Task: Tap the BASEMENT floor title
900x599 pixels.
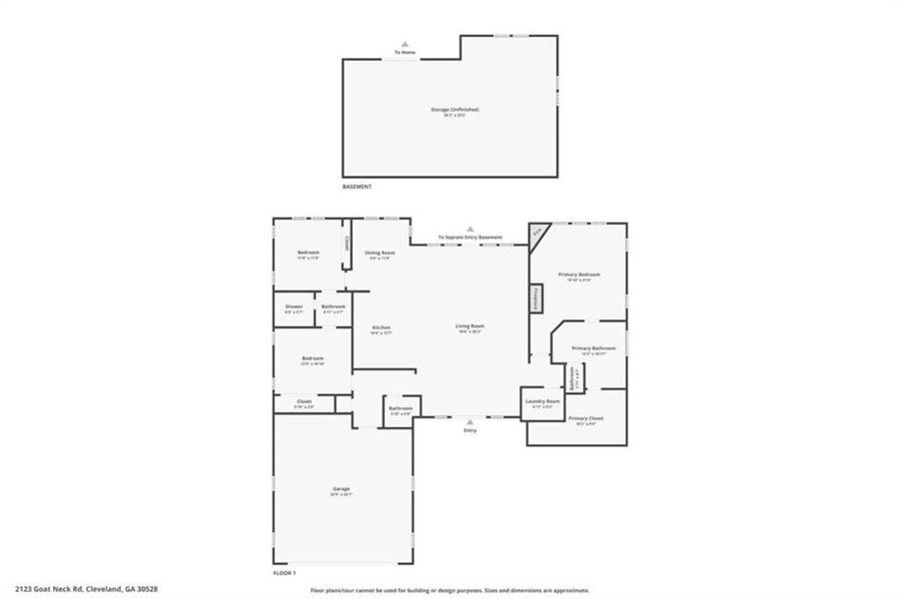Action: pyautogui.click(x=357, y=187)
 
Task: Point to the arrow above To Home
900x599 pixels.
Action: pyautogui.click(x=405, y=44)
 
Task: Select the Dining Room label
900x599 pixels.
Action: pyautogui.click(x=380, y=254)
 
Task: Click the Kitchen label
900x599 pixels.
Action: pyautogui.click(x=381, y=328)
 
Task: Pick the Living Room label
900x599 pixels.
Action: pyautogui.click(x=470, y=326)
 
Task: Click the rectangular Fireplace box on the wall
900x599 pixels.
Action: pyautogui.click(x=535, y=298)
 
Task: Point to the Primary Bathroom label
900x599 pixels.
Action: pyautogui.click(x=593, y=348)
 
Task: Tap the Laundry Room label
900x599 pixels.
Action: pyautogui.click(x=535, y=403)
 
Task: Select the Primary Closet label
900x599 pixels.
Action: pyautogui.click(x=581, y=419)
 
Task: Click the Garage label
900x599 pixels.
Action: pyautogui.click(x=342, y=489)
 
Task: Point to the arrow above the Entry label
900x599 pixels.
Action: pyautogui.click(x=469, y=421)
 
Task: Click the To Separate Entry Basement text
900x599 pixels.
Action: pyautogui.click(x=469, y=238)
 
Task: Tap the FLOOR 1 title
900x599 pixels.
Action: pyautogui.click(x=285, y=573)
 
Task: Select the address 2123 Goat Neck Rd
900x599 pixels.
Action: pyautogui.click(x=86, y=589)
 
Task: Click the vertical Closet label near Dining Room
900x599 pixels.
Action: pyautogui.click(x=347, y=243)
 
